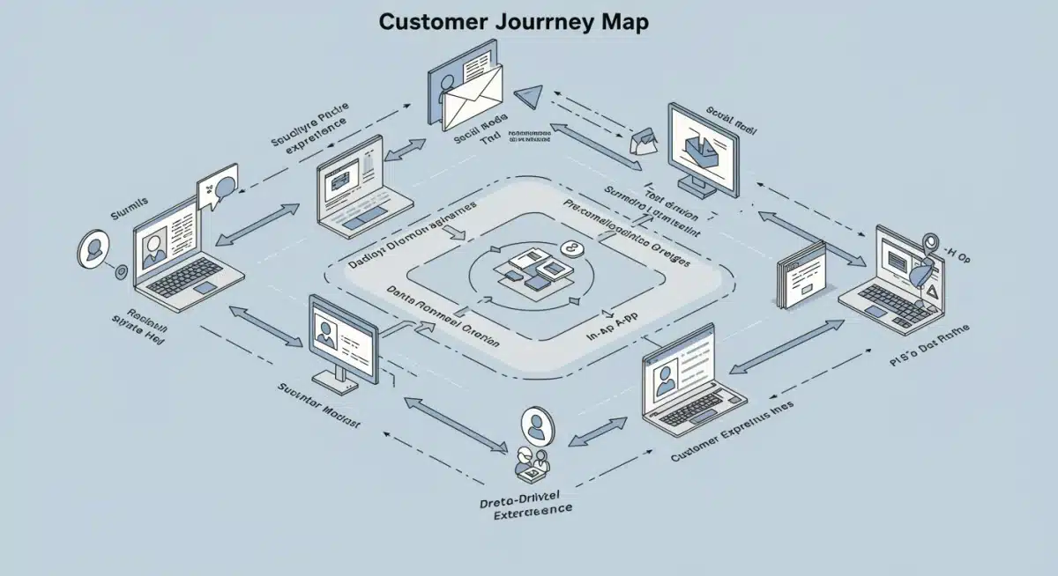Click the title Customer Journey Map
[x=513, y=22]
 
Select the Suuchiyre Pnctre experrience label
[x=309, y=128]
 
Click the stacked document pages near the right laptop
[x=801, y=276]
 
